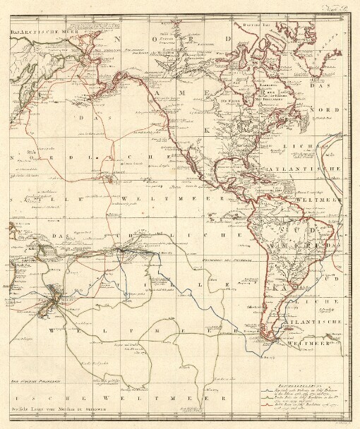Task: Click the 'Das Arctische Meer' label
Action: click(33, 32)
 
